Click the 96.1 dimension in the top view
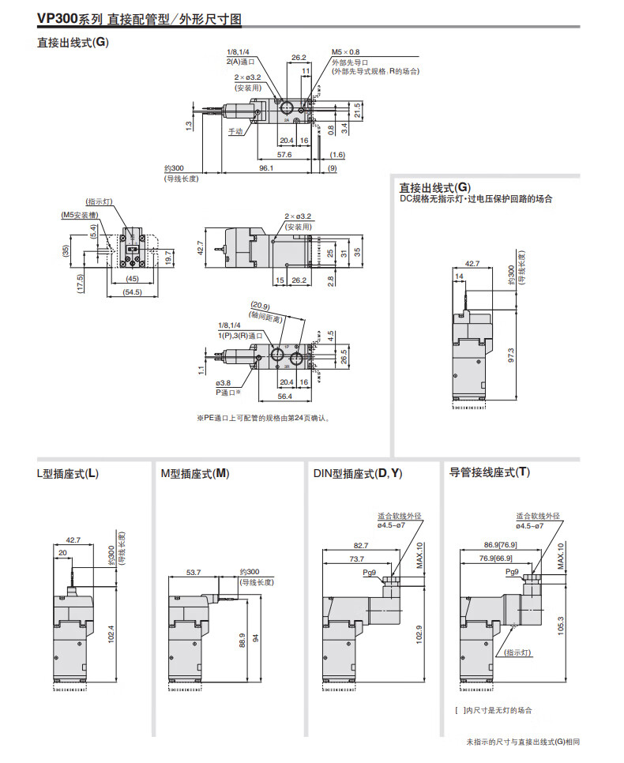click(265, 167)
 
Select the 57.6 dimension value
click(284, 155)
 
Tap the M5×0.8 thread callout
click(344, 53)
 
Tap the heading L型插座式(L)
click(68, 474)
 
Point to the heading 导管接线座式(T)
click(490, 472)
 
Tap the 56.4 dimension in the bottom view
click(284, 396)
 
